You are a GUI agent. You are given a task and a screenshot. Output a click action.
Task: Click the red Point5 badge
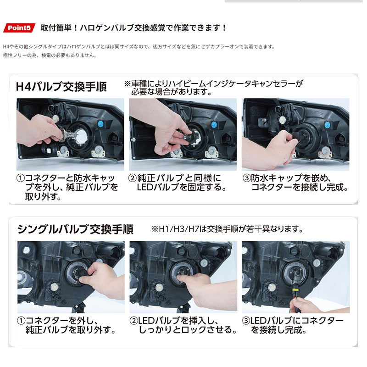[x=19, y=28]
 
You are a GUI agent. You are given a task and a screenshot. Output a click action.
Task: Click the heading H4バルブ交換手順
[x=61, y=87]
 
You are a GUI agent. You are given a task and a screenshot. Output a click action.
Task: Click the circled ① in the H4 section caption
[x=21, y=178]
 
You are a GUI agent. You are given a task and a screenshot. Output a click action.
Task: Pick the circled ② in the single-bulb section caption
[x=133, y=321]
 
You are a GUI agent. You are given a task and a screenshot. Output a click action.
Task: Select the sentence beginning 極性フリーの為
[x=50, y=56]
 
